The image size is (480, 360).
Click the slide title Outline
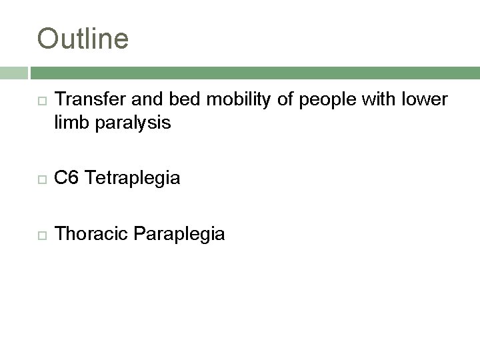click(x=83, y=38)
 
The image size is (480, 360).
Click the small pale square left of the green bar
click(x=13, y=73)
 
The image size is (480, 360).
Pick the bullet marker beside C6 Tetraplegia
click(x=42, y=178)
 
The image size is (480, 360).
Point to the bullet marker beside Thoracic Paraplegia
click(x=42, y=235)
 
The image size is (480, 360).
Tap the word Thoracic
click(x=93, y=234)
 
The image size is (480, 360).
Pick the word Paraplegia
click(x=180, y=234)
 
